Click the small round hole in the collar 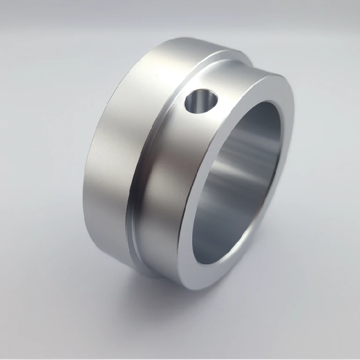click(x=201, y=101)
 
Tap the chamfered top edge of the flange click(x=187, y=45)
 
